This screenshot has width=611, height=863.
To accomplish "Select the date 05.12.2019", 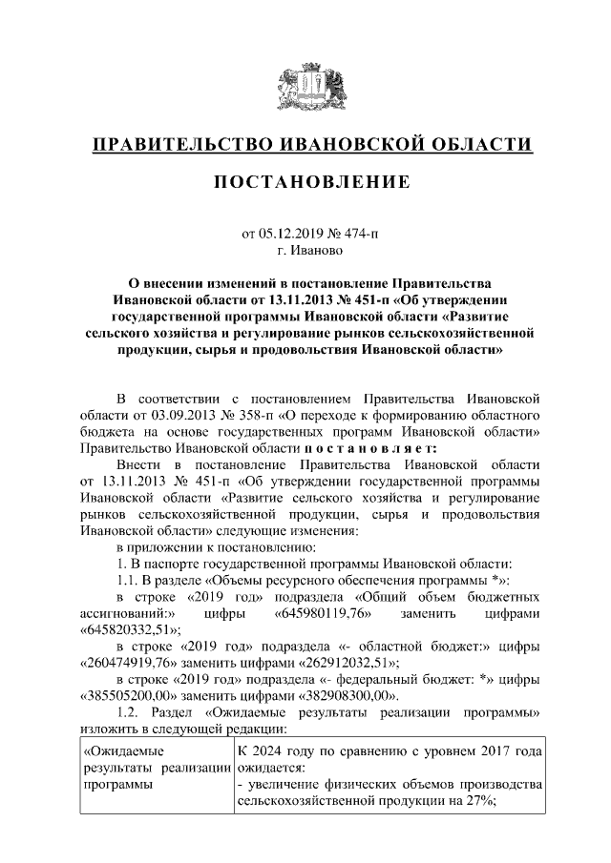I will point(293,232).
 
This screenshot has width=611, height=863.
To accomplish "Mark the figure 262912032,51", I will point(348,660).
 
